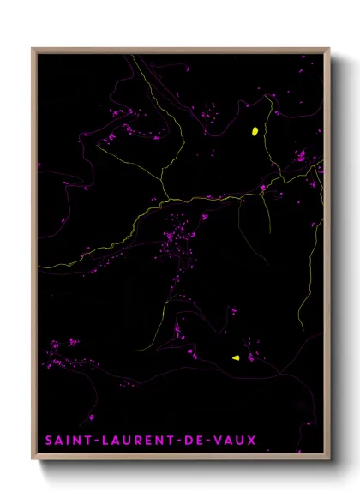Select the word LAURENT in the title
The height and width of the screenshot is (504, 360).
(136, 441)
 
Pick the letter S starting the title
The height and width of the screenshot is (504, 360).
(50, 441)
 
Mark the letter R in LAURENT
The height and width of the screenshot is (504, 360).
(135, 441)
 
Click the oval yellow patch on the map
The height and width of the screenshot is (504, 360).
(255, 131)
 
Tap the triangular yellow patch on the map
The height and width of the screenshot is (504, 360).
(235, 358)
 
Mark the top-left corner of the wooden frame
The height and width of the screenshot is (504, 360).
(33, 49)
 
